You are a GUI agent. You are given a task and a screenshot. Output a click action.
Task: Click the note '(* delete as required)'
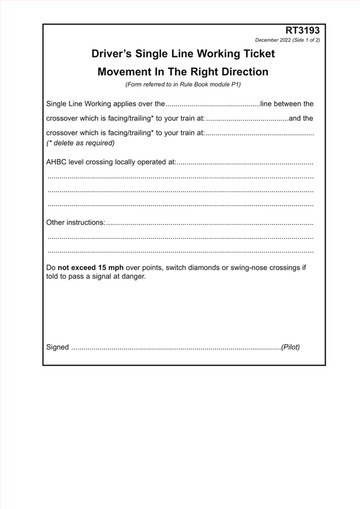pos(82,143)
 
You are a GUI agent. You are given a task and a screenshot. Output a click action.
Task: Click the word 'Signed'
pos(58,347)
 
